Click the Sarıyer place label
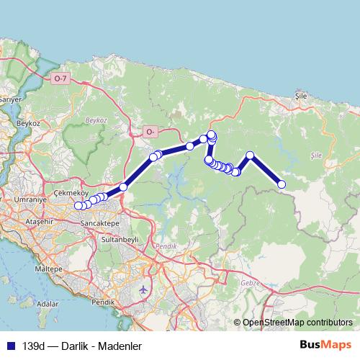coord(9,98)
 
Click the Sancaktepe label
coord(100,224)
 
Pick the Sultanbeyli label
coord(119,238)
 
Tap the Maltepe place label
coord(45,268)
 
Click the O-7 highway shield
coord(60,78)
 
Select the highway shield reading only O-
coord(150,132)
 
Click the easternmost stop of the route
coord(282,185)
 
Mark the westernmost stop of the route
coord(78,206)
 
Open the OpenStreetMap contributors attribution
coord(297,323)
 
